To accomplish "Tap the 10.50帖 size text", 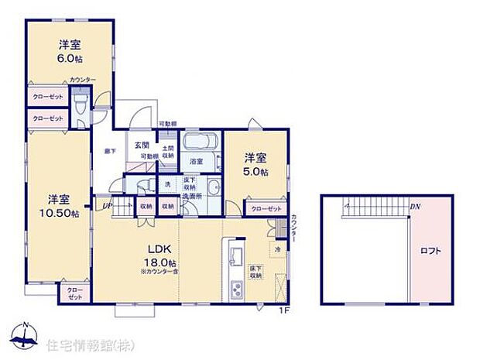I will pos(62,214).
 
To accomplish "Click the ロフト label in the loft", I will pos(430,251).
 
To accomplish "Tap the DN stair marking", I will pos(415,207).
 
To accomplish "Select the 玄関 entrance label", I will pos(142,145).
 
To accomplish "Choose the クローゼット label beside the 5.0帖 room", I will pos(266,209).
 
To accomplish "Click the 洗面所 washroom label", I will pos(192,197).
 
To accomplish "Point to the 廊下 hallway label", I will pos(109,152).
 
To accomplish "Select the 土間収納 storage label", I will pos(167,151).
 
